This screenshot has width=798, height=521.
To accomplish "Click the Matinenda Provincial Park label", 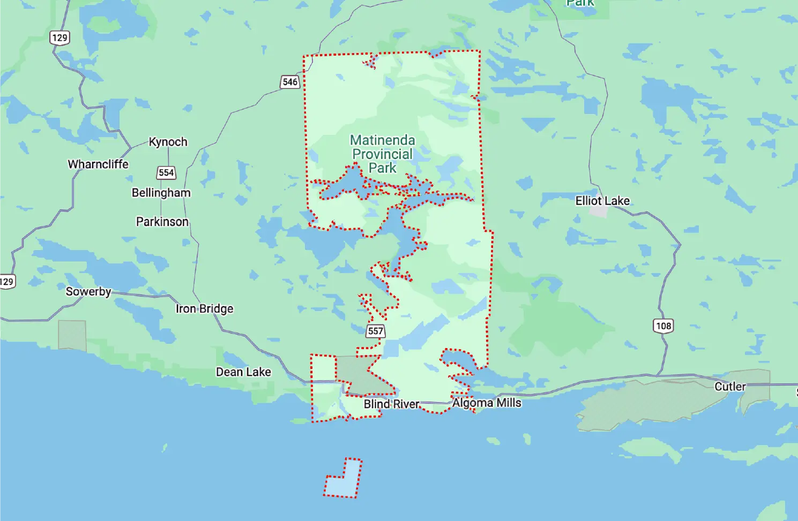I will click(x=382, y=154).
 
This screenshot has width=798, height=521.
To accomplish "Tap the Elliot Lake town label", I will click(x=602, y=201).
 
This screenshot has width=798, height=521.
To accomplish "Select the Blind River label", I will click(x=391, y=404).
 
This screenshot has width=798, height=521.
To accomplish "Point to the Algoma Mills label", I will click(x=487, y=403).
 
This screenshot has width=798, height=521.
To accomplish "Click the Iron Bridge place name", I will click(x=204, y=308).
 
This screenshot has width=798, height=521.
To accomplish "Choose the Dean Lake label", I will click(x=243, y=372).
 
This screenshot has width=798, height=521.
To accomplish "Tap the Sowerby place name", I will click(x=88, y=291).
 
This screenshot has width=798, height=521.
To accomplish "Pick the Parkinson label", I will click(x=162, y=222).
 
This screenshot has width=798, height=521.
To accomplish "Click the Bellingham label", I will click(x=161, y=193).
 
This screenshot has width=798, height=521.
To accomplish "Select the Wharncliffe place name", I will click(x=98, y=164).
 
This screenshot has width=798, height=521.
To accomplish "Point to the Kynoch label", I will click(x=168, y=142).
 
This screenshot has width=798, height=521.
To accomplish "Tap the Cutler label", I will click(x=730, y=387).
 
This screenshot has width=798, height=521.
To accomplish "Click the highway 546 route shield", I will click(x=290, y=82).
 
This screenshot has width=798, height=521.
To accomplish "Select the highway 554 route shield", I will click(x=166, y=172).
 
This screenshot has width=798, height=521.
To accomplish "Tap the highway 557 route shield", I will click(x=376, y=331).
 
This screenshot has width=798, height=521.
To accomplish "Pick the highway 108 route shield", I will click(x=663, y=326).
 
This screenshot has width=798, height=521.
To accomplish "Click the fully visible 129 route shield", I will click(x=59, y=37).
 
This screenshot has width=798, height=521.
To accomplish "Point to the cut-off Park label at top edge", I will click(x=580, y=3).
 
